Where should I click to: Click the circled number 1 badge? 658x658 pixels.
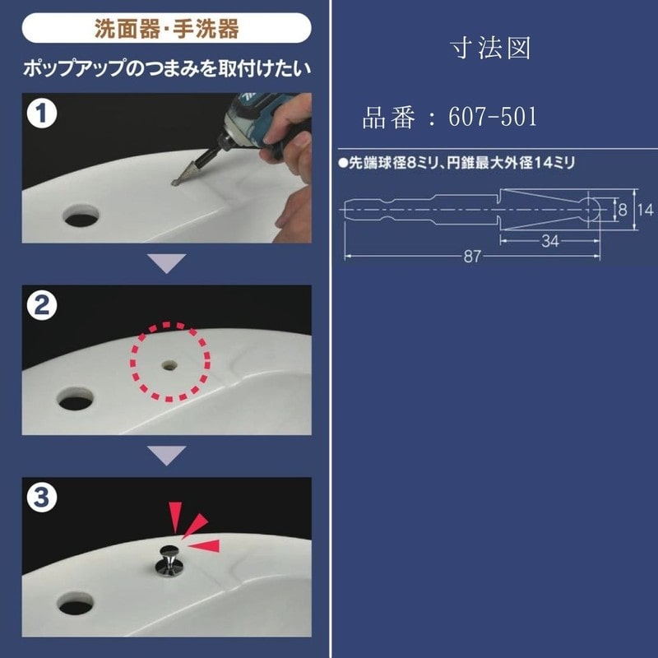tap(42, 114)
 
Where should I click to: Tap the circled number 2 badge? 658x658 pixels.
tap(42, 305)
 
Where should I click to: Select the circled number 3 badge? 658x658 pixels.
tap(42, 498)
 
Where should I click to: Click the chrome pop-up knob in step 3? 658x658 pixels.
tap(169, 560)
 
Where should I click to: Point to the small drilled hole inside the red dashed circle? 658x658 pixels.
tap(169, 365)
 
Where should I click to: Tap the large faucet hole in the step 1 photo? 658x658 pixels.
tap(81, 215)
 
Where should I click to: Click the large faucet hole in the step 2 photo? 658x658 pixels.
tap(76, 399)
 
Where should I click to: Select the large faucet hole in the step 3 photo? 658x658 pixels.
tap(76, 604)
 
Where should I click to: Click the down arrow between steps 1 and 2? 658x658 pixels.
tap(167, 263)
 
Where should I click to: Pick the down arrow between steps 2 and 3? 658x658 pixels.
tap(167, 456)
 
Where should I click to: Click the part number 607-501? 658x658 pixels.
tap(493, 117)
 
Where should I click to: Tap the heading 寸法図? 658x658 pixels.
tap(490, 48)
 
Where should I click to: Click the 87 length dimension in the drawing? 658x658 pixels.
tap(472, 256)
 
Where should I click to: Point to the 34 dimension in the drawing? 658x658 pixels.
tap(549, 241)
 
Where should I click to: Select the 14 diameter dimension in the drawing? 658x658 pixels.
tap(646, 210)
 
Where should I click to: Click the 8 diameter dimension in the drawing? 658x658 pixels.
tap(623, 210)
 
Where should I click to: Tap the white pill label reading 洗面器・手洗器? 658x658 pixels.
tap(167, 28)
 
